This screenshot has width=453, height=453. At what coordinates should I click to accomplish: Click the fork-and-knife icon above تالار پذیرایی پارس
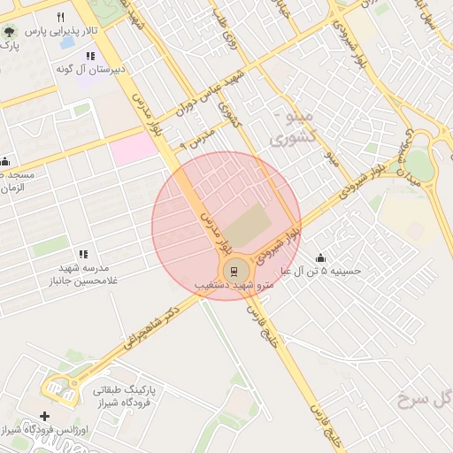pos(60,17)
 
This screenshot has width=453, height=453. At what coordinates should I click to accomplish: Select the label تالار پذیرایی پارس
pos(58,31)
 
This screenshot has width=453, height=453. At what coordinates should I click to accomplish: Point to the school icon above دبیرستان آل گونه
pos(89,56)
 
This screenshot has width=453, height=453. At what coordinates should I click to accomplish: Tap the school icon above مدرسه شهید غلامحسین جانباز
pos(83,254)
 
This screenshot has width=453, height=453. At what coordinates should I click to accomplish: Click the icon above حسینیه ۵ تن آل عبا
pos(319,257)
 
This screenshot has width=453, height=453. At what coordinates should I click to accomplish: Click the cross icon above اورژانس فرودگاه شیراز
pos(45,416)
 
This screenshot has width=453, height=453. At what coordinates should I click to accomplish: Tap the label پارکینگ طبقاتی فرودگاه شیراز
pos(125,395)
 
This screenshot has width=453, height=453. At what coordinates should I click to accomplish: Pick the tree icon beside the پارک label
pos(8,33)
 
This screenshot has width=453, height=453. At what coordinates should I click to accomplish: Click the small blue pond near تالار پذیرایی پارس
pos(66,41)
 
